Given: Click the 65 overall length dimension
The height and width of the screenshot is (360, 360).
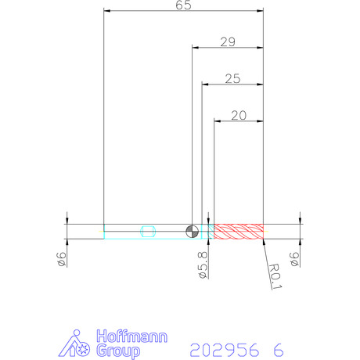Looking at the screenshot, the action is (183, 5).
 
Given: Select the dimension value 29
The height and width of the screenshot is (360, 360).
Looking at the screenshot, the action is (228, 42).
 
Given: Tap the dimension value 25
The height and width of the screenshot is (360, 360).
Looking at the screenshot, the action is (232, 79).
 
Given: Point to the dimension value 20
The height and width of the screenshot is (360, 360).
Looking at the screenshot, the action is (239, 116).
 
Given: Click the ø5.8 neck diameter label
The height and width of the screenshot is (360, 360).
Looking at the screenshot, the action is (203, 265).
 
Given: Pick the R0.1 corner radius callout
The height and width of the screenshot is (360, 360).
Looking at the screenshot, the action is (275, 276).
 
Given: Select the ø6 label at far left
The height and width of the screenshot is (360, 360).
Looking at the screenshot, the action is (62, 260).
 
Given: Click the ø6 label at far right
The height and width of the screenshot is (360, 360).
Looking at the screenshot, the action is (294, 260).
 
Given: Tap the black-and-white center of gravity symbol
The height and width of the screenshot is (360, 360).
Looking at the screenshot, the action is (193, 232).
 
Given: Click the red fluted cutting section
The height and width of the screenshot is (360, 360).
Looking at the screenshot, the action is (239, 232).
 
